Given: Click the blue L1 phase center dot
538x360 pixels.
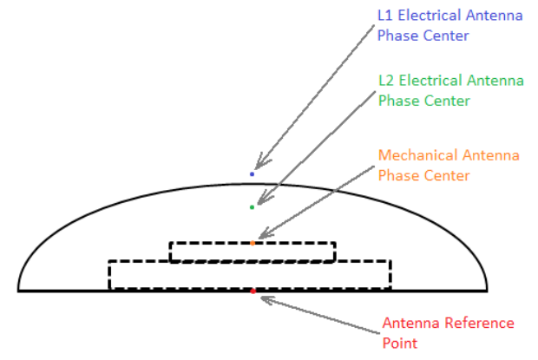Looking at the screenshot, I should [x=253, y=174].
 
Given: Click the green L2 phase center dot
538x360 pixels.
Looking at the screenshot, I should [x=252, y=207].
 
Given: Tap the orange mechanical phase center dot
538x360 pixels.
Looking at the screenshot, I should [x=253, y=243].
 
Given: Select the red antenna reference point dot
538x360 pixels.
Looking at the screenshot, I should [x=253, y=291].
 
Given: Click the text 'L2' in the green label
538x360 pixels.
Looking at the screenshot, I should [x=387, y=81].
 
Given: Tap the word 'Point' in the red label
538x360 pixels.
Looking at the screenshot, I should [x=400, y=344].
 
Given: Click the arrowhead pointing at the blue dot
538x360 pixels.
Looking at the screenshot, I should [x=256, y=167].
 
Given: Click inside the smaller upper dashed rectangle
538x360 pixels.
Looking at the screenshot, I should [x=208, y=252].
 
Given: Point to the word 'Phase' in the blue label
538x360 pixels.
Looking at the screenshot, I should [x=397, y=37].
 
